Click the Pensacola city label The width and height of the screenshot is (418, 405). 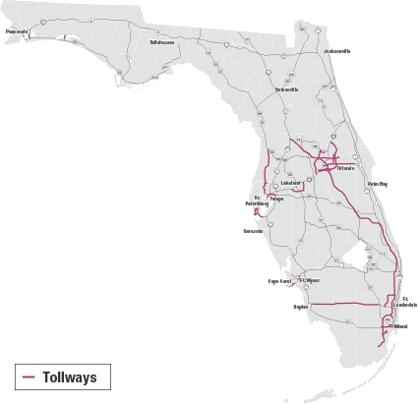coord(16,30)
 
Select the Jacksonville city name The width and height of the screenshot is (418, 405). coord(335,50)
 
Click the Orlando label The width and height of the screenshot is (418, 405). coord(344,168)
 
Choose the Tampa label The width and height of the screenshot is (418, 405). coord(276,200)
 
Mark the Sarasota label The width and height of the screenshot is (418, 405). coord(254,232)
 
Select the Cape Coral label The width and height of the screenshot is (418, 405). coord(282,281)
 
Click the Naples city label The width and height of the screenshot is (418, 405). coord(301,306)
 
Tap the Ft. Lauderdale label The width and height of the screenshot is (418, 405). coord(404,302)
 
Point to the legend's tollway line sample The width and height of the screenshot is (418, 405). coord(29,377)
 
